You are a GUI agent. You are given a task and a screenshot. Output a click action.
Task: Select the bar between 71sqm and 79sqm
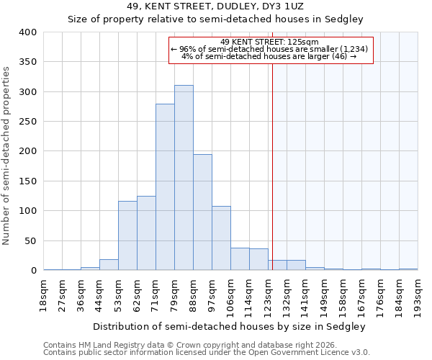click(x=165, y=187)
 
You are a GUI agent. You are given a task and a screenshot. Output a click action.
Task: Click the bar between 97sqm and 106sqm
click(x=221, y=238)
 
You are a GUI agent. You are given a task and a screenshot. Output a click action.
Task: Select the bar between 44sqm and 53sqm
click(x=109, y=265)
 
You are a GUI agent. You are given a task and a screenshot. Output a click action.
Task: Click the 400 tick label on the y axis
click(x=28, y=32)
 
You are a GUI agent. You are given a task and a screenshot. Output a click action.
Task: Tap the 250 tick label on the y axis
click(x=28, y=122)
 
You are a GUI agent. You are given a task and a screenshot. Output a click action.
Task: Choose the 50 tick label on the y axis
click(x=30, y=240)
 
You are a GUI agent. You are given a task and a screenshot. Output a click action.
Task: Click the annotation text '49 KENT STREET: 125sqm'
click(x=271, y=42)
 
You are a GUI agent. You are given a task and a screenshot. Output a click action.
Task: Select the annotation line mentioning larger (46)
click(x=271, y=56)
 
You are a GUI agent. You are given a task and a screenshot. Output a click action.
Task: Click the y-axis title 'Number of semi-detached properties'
click(x=7, y=156)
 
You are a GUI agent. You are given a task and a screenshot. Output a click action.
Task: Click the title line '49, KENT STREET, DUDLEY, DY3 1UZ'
click(x=215, y=6)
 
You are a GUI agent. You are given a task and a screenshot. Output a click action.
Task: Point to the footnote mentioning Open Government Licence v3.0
click(x=206, y=352)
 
